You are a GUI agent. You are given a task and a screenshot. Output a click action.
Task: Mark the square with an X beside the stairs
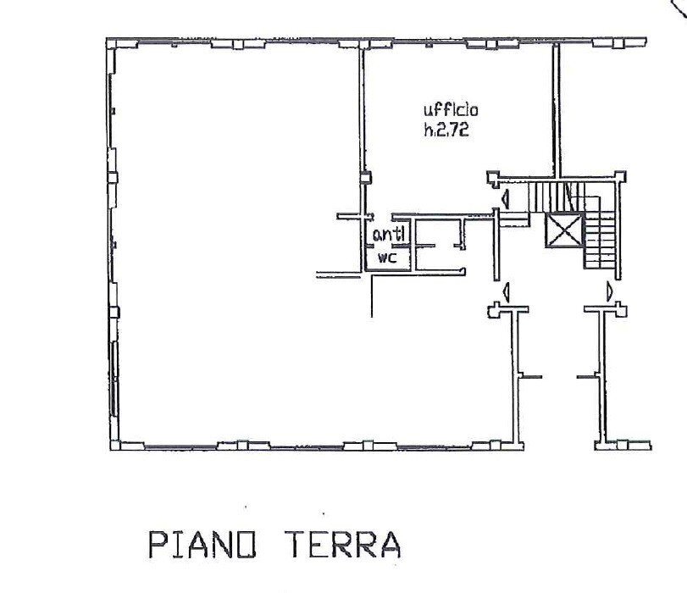562,230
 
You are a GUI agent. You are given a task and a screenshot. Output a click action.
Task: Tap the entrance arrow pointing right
609,292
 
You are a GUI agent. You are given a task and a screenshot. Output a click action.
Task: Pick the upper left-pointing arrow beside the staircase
505,200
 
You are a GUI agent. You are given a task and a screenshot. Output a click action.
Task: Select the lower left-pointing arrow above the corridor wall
506,292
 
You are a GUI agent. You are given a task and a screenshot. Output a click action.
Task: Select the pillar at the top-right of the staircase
621,176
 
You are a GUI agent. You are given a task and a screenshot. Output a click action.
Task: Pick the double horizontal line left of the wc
337,274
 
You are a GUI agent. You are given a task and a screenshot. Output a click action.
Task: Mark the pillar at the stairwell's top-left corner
492,177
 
